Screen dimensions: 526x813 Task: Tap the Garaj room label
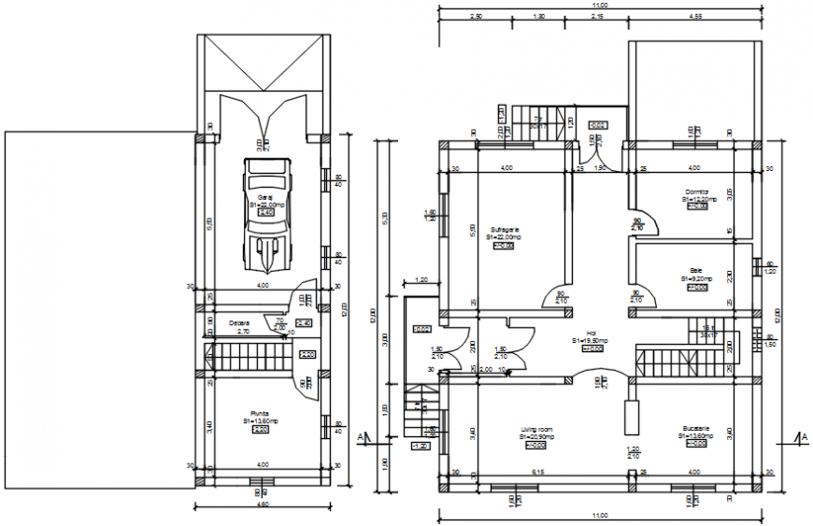264,197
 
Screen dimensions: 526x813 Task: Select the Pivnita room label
259,413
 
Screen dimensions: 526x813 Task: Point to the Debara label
238,324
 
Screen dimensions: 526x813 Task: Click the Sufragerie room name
504,229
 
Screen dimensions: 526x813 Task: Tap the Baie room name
695,271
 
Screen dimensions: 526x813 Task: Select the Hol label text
592,333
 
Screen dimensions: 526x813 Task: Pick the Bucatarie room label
695,430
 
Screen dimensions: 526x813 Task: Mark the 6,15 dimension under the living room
537,473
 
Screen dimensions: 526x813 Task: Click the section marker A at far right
803,436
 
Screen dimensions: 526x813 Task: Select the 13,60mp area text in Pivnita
259,420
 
